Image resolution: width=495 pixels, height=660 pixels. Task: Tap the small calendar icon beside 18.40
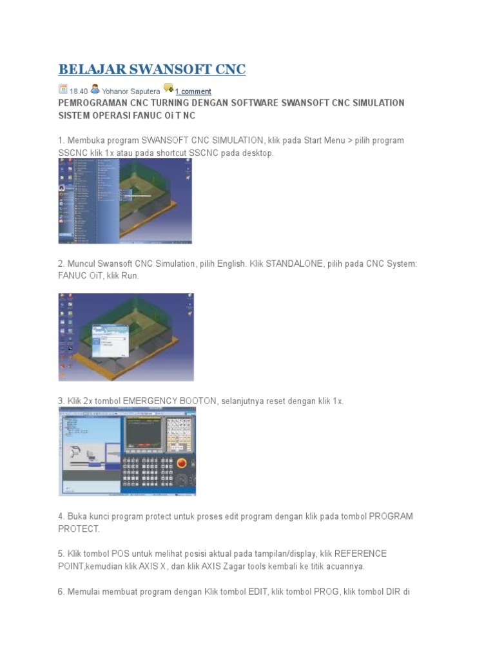[x=63, y=90]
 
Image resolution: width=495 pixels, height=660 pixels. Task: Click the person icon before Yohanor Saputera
[x=95, y=90]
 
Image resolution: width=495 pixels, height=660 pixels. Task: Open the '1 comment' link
[x=193, y=92]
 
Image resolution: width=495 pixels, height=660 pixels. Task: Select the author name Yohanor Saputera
[x=131, y=92]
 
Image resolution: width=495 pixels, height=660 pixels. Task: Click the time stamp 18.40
[x=79, y=92]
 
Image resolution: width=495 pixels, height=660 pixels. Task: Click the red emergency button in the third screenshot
[x=181, y=462]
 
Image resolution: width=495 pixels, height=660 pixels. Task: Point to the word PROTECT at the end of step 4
[x=79, y=529]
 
